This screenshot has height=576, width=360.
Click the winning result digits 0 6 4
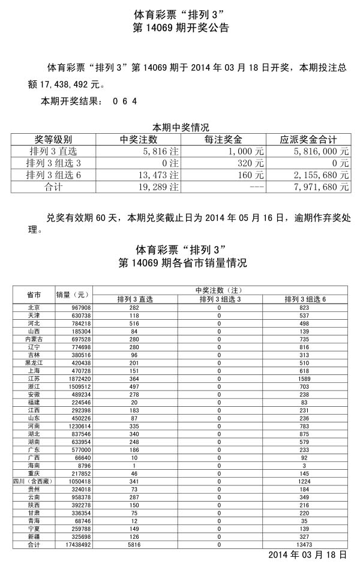tap(125, 101)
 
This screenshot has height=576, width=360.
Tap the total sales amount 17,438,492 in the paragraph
tap(64, 85)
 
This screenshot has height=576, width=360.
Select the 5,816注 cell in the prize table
tap(158, 151)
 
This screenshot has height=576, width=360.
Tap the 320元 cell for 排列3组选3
tap(251, 163)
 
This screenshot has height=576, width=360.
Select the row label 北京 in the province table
tap(34, 307)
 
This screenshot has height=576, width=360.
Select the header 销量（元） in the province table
tap(73, 295)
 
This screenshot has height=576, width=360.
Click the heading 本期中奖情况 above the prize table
tap(180, 127)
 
